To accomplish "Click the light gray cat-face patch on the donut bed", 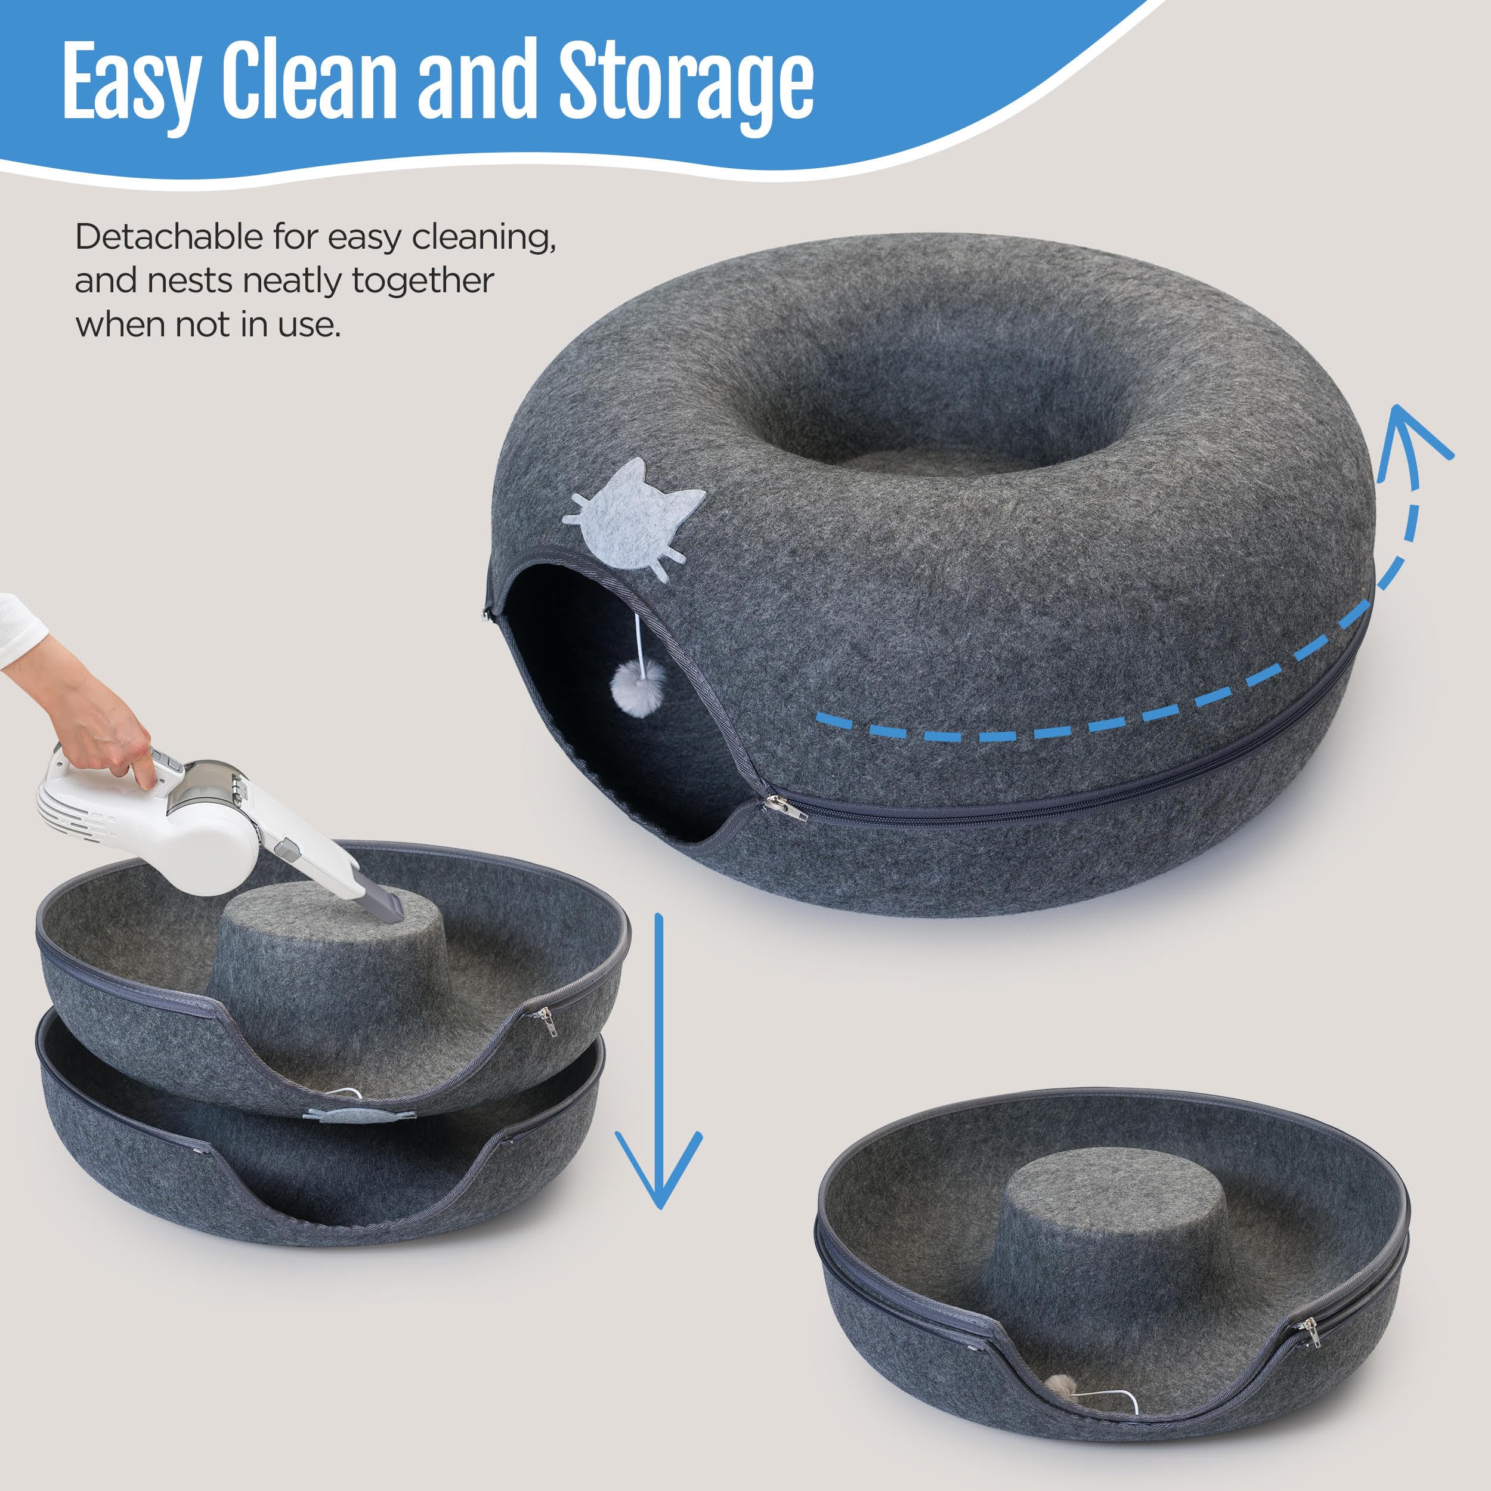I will [x=633, y=514].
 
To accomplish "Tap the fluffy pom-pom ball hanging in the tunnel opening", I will [x=638, y=683].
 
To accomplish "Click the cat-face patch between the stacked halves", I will [x=363, y=1113].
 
